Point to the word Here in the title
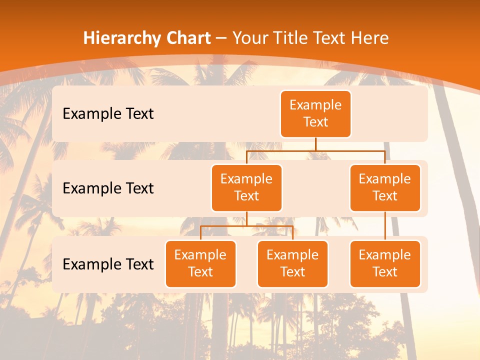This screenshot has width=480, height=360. [370, 38]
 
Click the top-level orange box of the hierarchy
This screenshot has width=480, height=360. [315, 113]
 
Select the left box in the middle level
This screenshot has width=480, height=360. [246, 187]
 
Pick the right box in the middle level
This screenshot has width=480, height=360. [385, 187]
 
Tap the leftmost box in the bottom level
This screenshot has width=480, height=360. [200, 263]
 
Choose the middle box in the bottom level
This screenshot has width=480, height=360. [292, 263]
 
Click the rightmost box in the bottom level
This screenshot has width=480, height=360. [385, 263]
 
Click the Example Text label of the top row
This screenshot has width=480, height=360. [108, 113]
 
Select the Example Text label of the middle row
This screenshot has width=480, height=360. [108, 188]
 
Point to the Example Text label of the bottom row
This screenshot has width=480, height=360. [108, 264]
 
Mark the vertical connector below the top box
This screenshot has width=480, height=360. [315, 144]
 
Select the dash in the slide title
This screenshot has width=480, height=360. [222, 38]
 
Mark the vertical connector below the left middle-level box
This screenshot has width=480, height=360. [246, 218]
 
